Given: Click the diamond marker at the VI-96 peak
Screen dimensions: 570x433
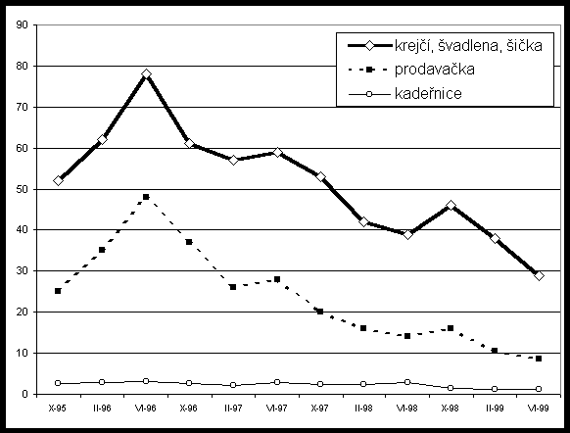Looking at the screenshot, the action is pos(146,74).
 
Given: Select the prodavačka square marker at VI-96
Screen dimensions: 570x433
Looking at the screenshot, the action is pos(146,197).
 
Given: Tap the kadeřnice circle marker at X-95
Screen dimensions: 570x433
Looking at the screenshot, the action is pos(58,383).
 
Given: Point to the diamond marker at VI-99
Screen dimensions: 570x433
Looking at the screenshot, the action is pos(539,276).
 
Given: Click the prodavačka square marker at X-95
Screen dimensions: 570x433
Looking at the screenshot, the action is pos(58,291).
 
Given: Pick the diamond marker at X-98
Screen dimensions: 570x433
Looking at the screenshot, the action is pos(451,206).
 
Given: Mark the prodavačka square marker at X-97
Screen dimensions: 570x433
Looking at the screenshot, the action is pos(320,312).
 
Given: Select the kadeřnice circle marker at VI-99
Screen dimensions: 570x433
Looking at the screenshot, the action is pos(539,389).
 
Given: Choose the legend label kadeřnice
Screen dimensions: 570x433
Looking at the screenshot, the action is pos(428,93).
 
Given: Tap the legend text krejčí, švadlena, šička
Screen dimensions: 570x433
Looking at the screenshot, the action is pos(468,45).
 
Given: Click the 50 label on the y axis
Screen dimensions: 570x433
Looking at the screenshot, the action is pos(22,189).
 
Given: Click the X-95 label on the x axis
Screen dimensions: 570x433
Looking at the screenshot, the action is pos(58,409).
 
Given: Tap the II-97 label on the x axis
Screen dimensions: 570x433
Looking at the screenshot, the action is pos(233,409).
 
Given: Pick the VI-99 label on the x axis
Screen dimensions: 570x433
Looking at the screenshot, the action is pos(539,409).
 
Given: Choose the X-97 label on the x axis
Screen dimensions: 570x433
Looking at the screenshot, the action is pos(319,409).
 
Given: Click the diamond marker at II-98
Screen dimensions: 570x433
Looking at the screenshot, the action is pos(364,221).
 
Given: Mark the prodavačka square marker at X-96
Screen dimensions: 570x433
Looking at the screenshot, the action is pos(189,242).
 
